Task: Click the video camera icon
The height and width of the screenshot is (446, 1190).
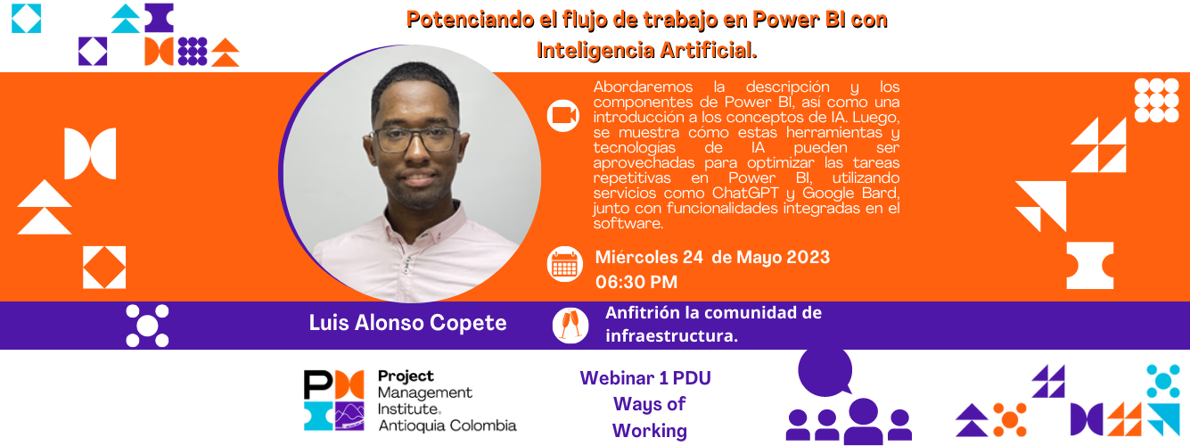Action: tap(563, 115)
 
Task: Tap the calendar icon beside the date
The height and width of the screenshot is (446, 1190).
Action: tap(565, 264)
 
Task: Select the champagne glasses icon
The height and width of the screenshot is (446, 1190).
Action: tap(570, 326)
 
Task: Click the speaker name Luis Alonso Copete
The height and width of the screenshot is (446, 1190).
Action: tap(407, 323)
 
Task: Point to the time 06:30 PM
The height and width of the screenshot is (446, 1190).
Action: tap(636, 282)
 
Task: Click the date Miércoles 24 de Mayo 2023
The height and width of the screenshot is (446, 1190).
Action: tap(712, 257)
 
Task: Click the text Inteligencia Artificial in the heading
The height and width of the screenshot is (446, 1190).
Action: tap(645, 51)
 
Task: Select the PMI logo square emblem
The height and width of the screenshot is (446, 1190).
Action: tap(334, 401)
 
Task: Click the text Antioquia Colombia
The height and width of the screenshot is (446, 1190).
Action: tap(447, 425)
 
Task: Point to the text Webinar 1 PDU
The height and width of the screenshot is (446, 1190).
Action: tap(645, 378)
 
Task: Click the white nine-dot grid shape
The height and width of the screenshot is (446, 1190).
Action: tap(1156, 101)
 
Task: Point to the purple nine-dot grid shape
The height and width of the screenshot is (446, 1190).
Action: tap(193, 51)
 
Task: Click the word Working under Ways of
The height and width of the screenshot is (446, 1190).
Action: tap(650, 431)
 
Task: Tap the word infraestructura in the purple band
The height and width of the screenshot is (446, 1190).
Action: tap(671, 336)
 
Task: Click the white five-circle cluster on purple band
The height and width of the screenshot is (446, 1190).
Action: tap(147, 326)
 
